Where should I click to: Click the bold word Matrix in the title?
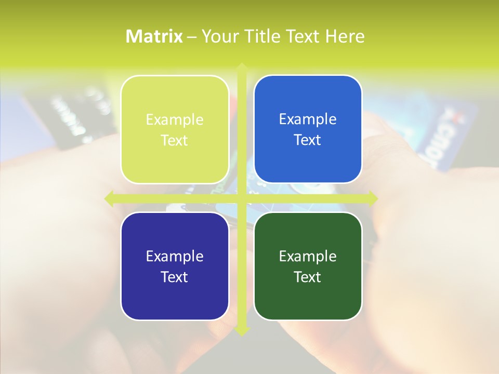pos(154,36)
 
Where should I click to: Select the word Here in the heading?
pos(345,36)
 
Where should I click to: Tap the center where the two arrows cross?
pos(242,198)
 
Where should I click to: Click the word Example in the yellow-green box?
pos(175,120)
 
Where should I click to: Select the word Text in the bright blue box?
pos(308,140)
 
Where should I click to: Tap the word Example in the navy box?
pos(175,257)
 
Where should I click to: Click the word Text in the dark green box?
pos(308,277)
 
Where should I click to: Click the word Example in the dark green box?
pos(308,257)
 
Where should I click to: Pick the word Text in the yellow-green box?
pos(175,141)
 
